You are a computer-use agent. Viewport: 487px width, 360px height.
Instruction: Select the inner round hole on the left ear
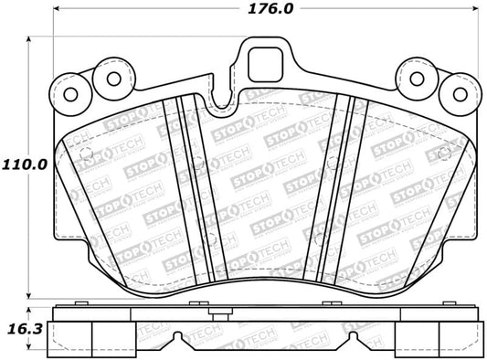tap(112, 79)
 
